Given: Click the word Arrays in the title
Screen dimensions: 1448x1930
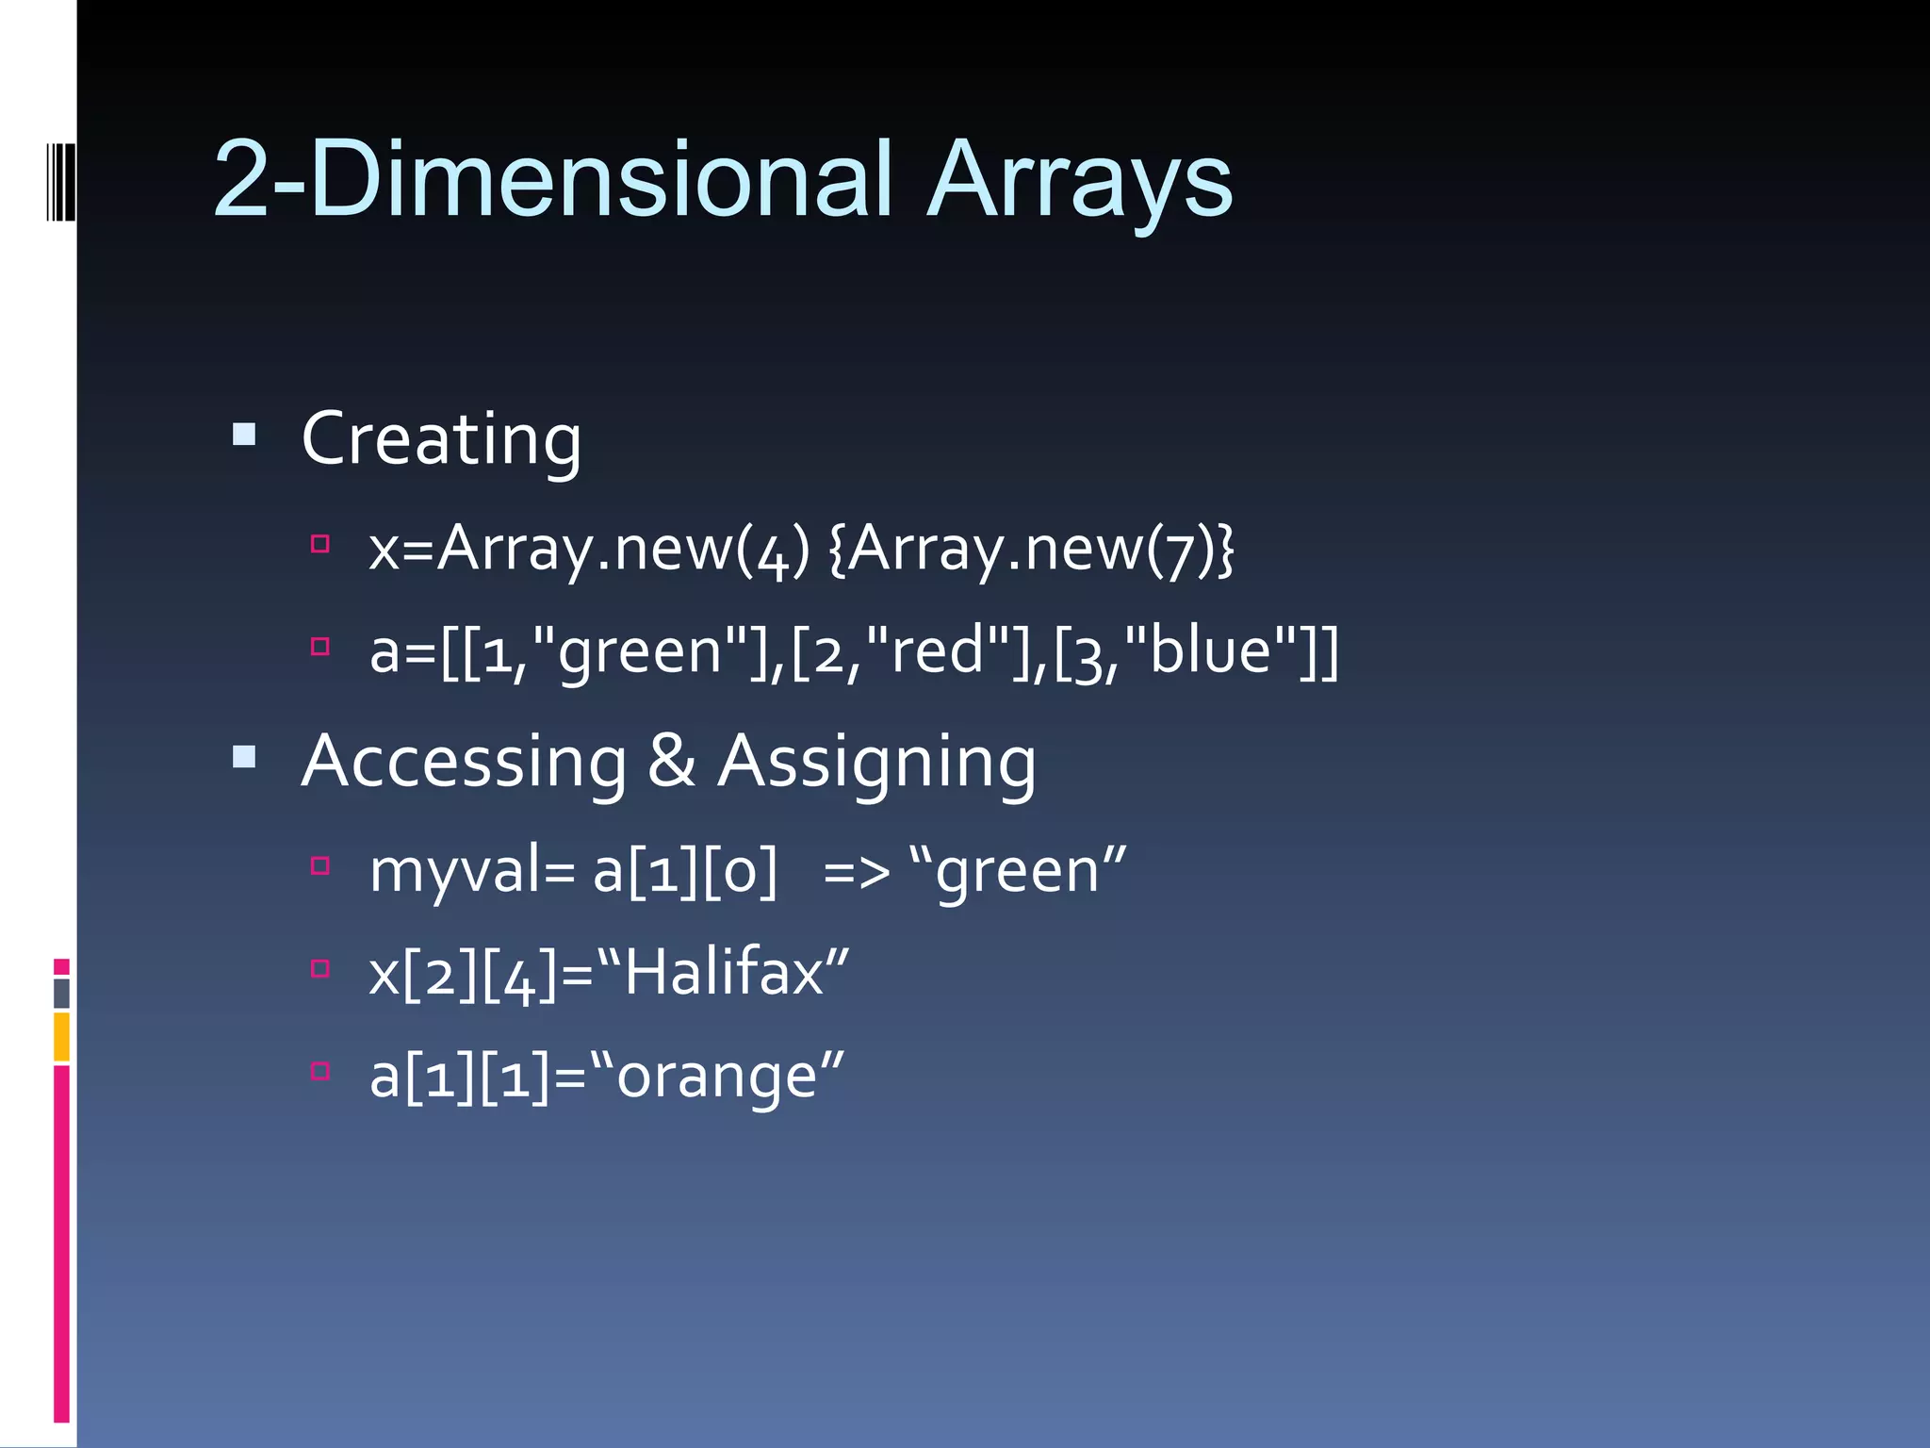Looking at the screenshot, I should click(1079, 181).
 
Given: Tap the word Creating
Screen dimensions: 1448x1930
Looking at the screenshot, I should click(441, 439).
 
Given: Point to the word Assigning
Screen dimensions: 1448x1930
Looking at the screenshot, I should click(876, 762).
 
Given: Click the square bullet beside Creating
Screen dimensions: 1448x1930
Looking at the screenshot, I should click(244, 435).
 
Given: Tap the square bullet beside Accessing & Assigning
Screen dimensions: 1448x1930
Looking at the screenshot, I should click(244, 757).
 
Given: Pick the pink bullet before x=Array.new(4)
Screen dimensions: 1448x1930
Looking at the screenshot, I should click(320, 544).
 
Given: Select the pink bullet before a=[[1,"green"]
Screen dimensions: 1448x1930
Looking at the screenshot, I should click(320, 647).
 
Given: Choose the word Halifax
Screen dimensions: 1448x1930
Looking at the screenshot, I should click(724, 972).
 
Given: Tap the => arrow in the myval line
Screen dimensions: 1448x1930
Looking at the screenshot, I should click(856, 872).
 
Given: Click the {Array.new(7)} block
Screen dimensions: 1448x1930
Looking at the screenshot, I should click(1031, 549).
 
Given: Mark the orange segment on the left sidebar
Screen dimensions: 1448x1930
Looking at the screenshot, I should click(61, 1036).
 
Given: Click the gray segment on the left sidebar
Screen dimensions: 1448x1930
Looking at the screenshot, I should click(61, 994).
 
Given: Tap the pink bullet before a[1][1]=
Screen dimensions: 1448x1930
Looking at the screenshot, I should click(320, 1071).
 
